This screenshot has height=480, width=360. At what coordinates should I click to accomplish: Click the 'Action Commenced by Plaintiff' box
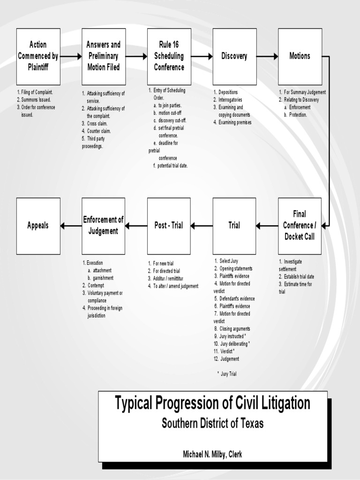tap(38, 56)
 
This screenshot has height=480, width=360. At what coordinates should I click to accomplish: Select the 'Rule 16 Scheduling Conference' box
tap(169, 56)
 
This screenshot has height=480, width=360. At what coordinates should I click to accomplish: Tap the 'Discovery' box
tap(234, 56)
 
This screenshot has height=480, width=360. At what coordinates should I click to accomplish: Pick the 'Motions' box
tap(300, 56)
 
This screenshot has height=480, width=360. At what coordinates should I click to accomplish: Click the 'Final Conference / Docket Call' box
tap(300, 225)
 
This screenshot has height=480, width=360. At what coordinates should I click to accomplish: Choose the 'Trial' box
tap(234, 225)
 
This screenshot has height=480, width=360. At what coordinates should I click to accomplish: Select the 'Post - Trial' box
tap(169, 225)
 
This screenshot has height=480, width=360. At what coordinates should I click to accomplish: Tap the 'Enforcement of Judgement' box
tap(103, 225)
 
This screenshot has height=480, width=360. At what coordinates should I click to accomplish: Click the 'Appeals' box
tap(38, 225)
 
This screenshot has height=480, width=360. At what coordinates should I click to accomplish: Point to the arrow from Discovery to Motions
tap(267, 56)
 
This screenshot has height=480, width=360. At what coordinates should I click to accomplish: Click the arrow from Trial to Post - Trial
tap(202, 226)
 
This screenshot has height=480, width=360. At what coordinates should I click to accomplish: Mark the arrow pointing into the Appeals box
tap(71, 226)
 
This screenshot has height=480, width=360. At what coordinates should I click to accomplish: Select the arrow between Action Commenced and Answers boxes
tap(71, 56)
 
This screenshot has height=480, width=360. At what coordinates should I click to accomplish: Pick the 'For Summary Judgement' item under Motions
tap(305, 92)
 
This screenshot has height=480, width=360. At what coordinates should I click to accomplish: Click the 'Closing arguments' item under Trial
tap(234, 329)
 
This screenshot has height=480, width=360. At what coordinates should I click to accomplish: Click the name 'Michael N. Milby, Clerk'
tap(212, 454)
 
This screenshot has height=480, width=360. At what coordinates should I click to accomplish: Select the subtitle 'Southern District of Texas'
tap(212, 423)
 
